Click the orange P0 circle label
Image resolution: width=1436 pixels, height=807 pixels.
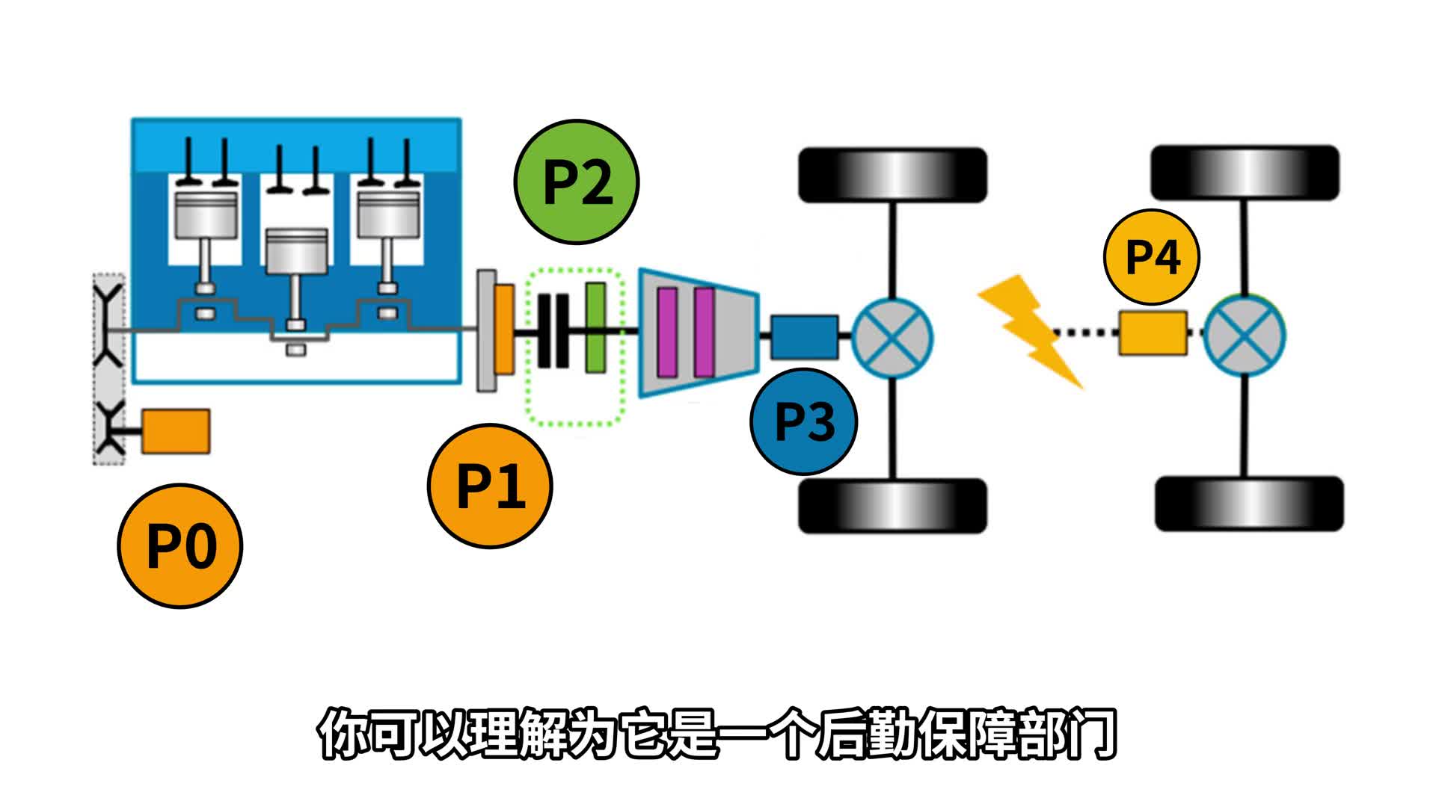pyautogui.click(x=180, y=545)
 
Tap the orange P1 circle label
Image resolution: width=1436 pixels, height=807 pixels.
pyautogui.click(x=490, y=486)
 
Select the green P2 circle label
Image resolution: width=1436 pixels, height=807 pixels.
pyautogui.click(x=577, y=182)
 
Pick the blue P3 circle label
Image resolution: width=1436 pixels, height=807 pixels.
pyautogui.click(x=804, y=421)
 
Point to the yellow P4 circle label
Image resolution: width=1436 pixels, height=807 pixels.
pyautogui.click(x=1152, y=256)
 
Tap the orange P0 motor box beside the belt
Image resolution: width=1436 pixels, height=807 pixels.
pyautogui.click(x=176, y=431)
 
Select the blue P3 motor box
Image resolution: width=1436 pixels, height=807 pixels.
pyautogui.click(x=804, y=337)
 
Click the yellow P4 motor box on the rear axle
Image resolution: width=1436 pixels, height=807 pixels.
pyautogui.click(x=1153, y=333)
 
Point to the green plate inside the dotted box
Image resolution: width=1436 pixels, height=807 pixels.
pyautogui.click(x=595, y=327)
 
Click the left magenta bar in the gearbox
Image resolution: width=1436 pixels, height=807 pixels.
pyautogui.click(x=667, y=332)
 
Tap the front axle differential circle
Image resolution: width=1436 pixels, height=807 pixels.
pyautogui.click(x=892, y=337)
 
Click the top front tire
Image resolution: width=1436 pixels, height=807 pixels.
pyautogui.click(x=893, y=175)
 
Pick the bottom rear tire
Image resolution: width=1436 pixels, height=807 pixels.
pyautogui.click(x=1249, y=504)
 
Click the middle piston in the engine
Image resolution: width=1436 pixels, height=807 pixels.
pyautogui.click(x=297, y=250)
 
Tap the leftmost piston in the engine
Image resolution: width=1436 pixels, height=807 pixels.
pyautogui.click(x=206, y=217)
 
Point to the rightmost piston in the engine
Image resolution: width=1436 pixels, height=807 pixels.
pyautogui.click(x=387, y=217)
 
